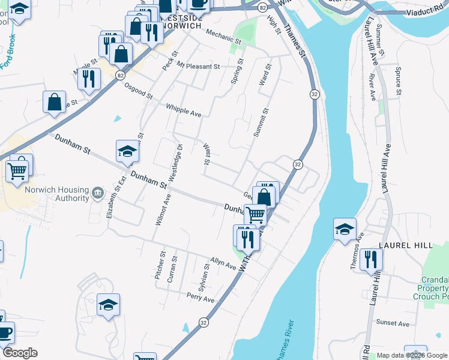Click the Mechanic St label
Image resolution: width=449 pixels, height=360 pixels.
(223, 37)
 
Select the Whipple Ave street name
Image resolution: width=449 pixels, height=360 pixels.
(184, 110)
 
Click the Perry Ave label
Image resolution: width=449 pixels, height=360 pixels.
(200, 298)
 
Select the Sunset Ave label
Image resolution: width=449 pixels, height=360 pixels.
(393, 323)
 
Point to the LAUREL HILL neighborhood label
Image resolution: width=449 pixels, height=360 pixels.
(402, 245)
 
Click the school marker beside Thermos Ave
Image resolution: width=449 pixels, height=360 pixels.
(345, 229)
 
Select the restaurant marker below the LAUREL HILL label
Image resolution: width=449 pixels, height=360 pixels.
(372, 260)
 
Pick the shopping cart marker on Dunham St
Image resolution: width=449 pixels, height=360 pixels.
(256, 214)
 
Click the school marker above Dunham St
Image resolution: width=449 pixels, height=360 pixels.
(127, 151)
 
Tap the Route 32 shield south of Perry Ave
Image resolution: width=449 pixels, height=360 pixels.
(204, 322)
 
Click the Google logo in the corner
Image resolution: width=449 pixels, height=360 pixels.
(19, 353)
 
